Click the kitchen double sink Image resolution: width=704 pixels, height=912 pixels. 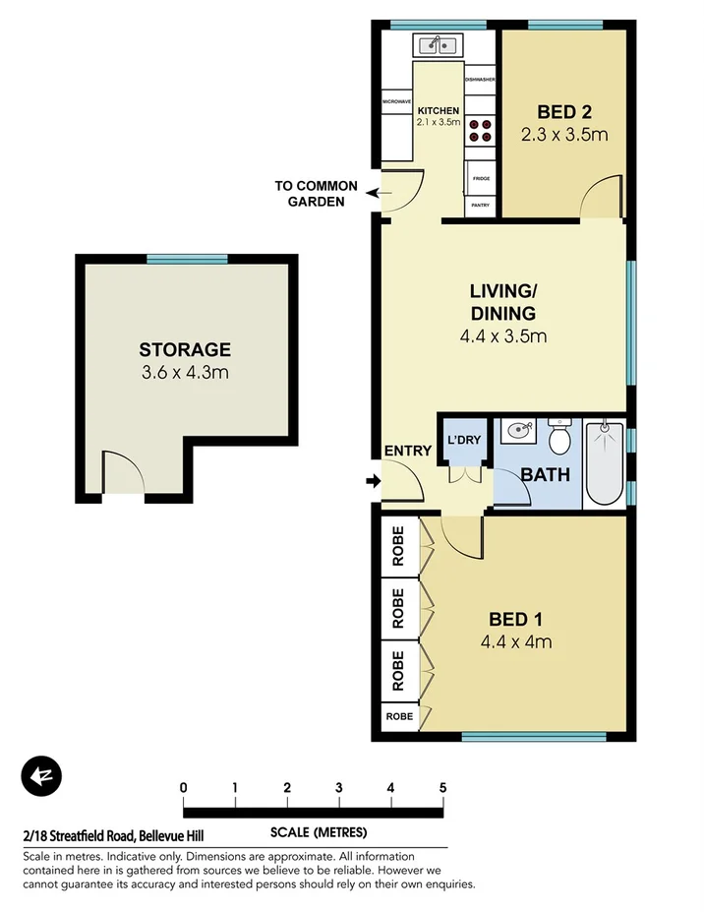click(439, 44)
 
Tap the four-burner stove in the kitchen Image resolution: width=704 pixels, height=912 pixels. click(479, 131)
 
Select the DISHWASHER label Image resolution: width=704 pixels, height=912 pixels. click(479, 79)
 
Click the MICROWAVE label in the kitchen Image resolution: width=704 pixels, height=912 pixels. click(396, 100)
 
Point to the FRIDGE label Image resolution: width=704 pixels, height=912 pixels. click(480, 178)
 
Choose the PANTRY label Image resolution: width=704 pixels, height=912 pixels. click(480, 205)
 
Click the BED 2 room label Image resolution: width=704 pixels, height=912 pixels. click(564, 110)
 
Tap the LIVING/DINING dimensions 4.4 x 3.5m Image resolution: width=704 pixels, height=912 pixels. click(502, 336)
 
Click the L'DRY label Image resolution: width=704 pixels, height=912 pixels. click(463, 440)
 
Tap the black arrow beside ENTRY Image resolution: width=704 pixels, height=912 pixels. click(372, 481)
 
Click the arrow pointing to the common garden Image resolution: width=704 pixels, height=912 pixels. click(370, 193)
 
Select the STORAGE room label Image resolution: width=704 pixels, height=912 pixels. click(185, 349)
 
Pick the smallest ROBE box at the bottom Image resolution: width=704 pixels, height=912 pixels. click(400, 716)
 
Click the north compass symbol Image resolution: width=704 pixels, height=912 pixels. click(40, 776)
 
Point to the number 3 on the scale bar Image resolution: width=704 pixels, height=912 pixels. click(338, 787)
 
